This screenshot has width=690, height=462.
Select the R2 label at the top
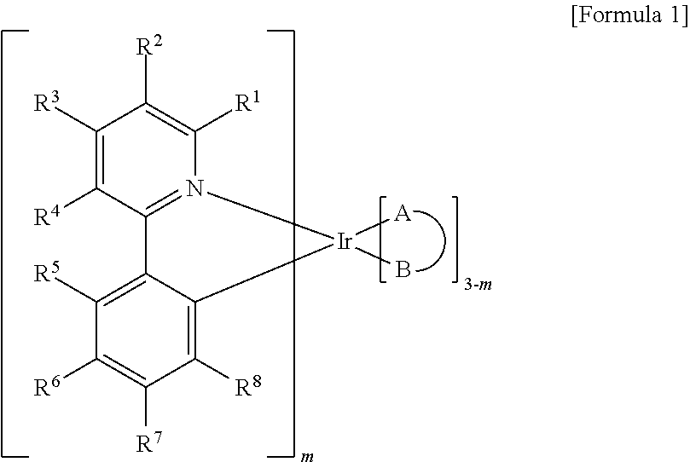tap(147, 49)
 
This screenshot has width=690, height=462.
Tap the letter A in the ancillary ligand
tap(403, 216)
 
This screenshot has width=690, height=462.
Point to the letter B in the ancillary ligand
tap(403, 272)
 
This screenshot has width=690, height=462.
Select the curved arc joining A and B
tap(444, 244)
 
